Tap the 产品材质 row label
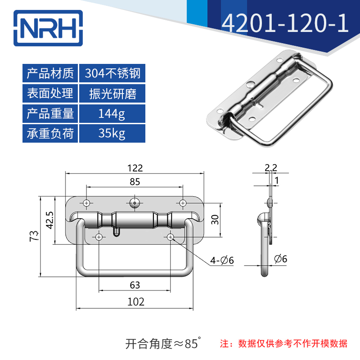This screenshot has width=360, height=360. click(x=50, y=73)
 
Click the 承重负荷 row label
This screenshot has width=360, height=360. click(x=50, y=134)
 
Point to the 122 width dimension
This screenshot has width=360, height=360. click(x=135, y=168)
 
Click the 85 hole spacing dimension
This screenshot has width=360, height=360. click(x=135, y=182)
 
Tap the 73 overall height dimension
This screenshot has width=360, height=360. click(x=34, y=236)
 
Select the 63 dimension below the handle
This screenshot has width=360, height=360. click(x=135, y=285)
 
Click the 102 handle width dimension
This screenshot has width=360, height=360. click(x=135, y=302)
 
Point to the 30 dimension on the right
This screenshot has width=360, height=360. click(x=215, y=220)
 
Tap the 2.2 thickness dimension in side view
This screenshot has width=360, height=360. click(x=271, y=168)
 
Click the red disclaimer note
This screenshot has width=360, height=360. click(x=283, y=344)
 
